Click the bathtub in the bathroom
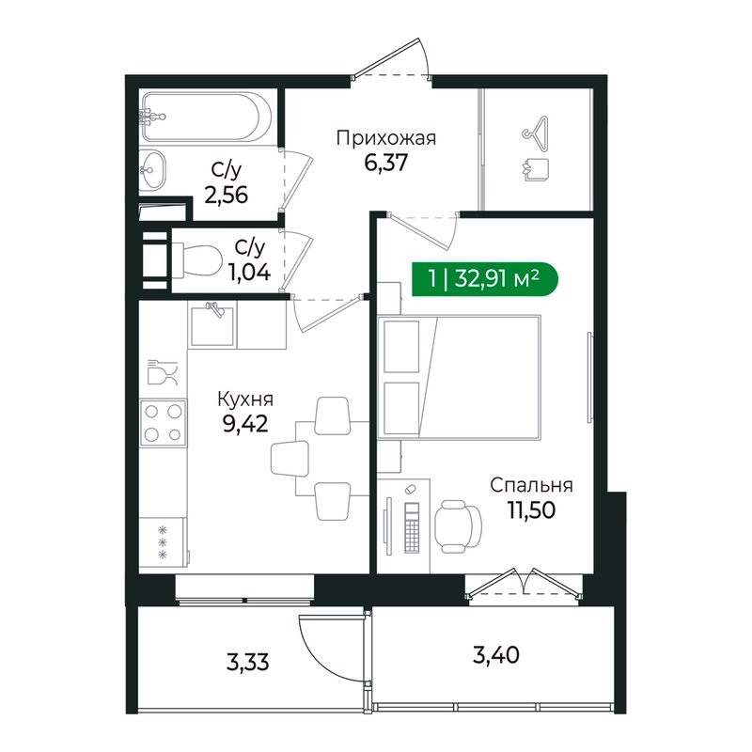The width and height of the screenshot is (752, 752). tap(207, 117)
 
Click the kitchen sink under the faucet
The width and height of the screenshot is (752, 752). tap(212, 324)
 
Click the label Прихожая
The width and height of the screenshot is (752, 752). tap(385, 139)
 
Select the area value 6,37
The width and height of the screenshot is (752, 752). tap(385, 163)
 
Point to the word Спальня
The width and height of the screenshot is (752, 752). tap(532, 486)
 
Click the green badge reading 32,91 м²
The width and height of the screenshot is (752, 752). tap(484, 279)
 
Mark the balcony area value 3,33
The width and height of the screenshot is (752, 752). tap(249, 662)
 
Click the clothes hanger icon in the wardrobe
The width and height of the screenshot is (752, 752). tap(535, 133)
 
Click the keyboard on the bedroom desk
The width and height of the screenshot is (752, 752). tap(411, 527)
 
